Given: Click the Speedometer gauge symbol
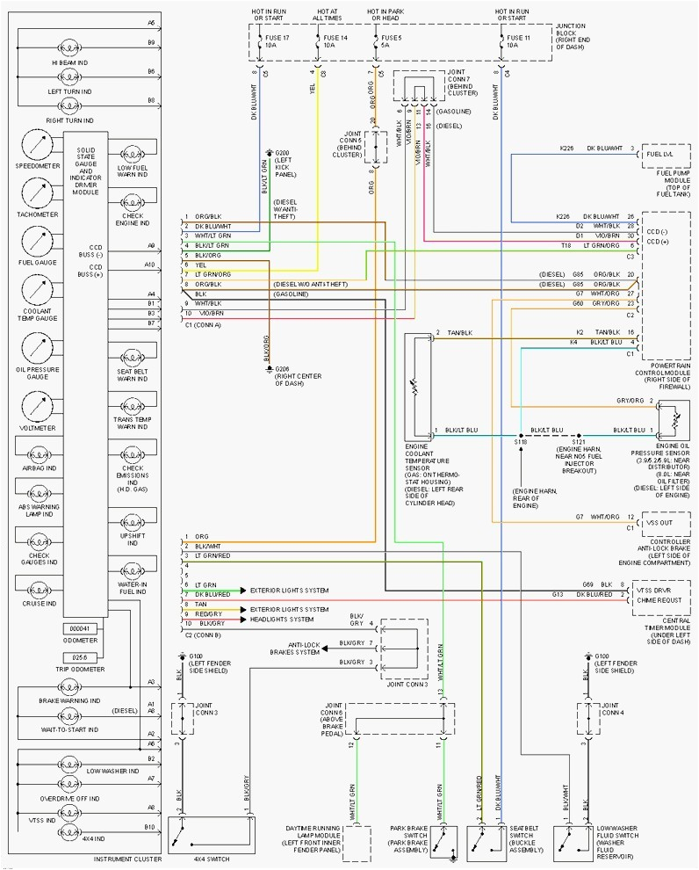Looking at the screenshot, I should point(37,145).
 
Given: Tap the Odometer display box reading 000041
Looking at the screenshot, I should point(80,628).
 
